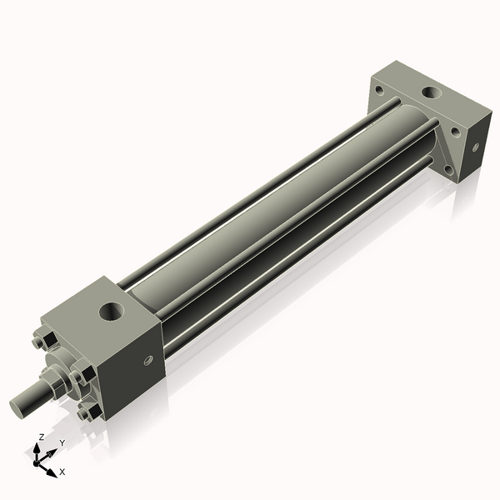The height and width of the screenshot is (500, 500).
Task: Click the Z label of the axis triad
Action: tap(42, 437)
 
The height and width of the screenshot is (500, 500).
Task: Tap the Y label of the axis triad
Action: tap(62, 442)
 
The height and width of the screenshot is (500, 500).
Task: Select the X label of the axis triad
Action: tap(62, 472)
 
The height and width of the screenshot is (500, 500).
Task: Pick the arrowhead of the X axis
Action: tap(52, 468)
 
